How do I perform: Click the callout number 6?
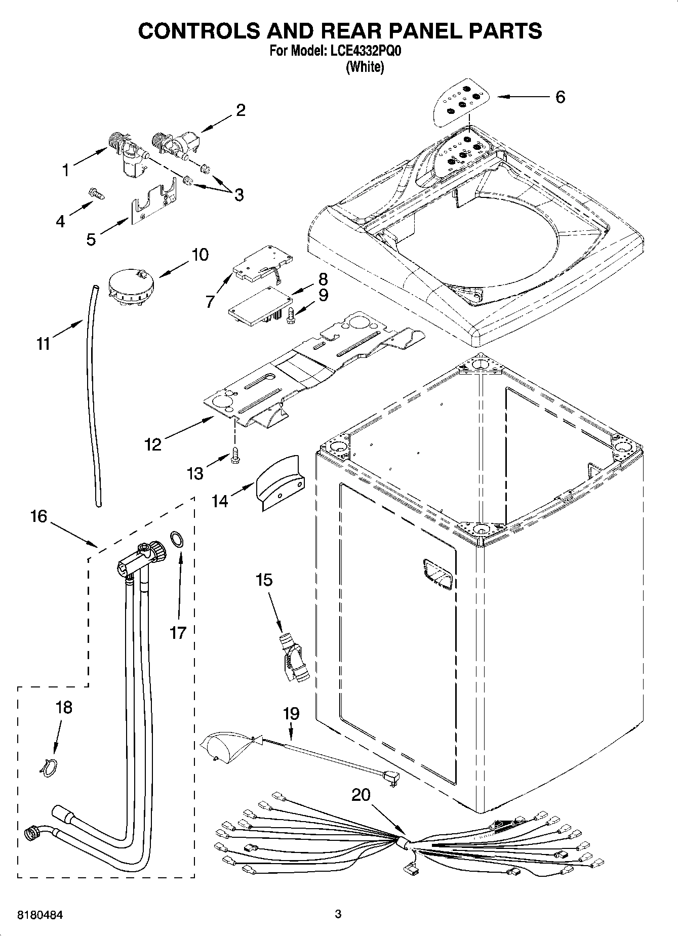click(x=560, y=97)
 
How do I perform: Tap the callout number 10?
click(x=200, y=255)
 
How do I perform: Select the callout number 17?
click(x=178, y=632)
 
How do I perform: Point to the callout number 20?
click(x=361, y=795)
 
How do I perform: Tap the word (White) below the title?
click(x=365, y=67)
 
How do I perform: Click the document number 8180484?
click(x=41, y=915)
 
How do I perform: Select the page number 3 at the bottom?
click(x=338, y=914)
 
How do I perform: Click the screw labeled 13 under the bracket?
click(x=235, y=454)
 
